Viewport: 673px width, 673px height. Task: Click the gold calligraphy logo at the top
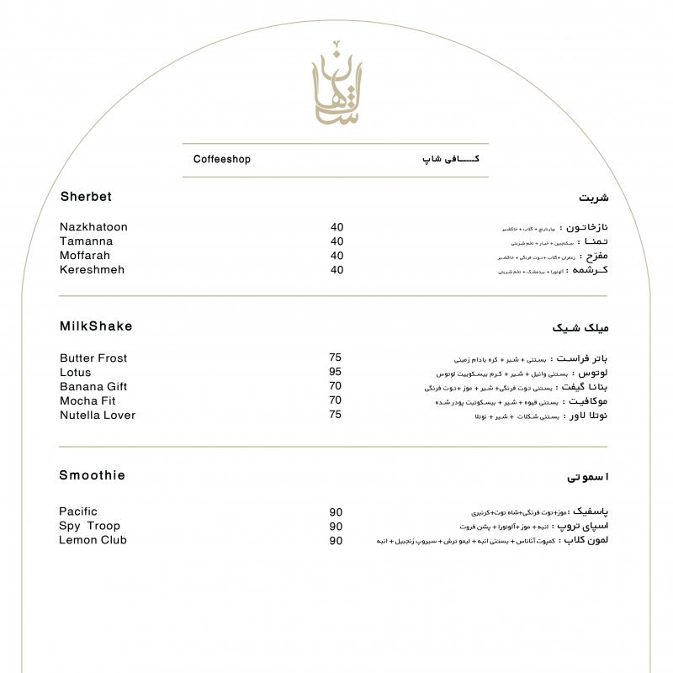336,85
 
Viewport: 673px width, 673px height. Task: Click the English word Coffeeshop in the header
222,159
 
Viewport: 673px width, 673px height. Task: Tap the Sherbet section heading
86,197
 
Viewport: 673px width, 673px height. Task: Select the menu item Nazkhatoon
93,227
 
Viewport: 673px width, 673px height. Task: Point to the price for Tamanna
336,241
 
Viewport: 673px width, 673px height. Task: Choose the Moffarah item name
85,256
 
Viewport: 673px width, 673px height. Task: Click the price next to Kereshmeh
336,270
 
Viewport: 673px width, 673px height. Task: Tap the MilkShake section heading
96,326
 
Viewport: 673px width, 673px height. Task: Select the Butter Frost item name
93,358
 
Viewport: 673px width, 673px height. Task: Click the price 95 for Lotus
335,372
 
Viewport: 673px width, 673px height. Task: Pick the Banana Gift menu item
93,387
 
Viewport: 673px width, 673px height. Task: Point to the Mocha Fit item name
87,401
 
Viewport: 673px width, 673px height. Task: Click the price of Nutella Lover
335,415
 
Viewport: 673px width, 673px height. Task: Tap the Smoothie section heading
92,475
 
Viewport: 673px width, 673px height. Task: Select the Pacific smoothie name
78,511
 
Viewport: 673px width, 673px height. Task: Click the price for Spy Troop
336,527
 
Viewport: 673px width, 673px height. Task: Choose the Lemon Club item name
93,540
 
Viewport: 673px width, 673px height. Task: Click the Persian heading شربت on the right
593,199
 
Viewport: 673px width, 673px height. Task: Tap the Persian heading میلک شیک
580,327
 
